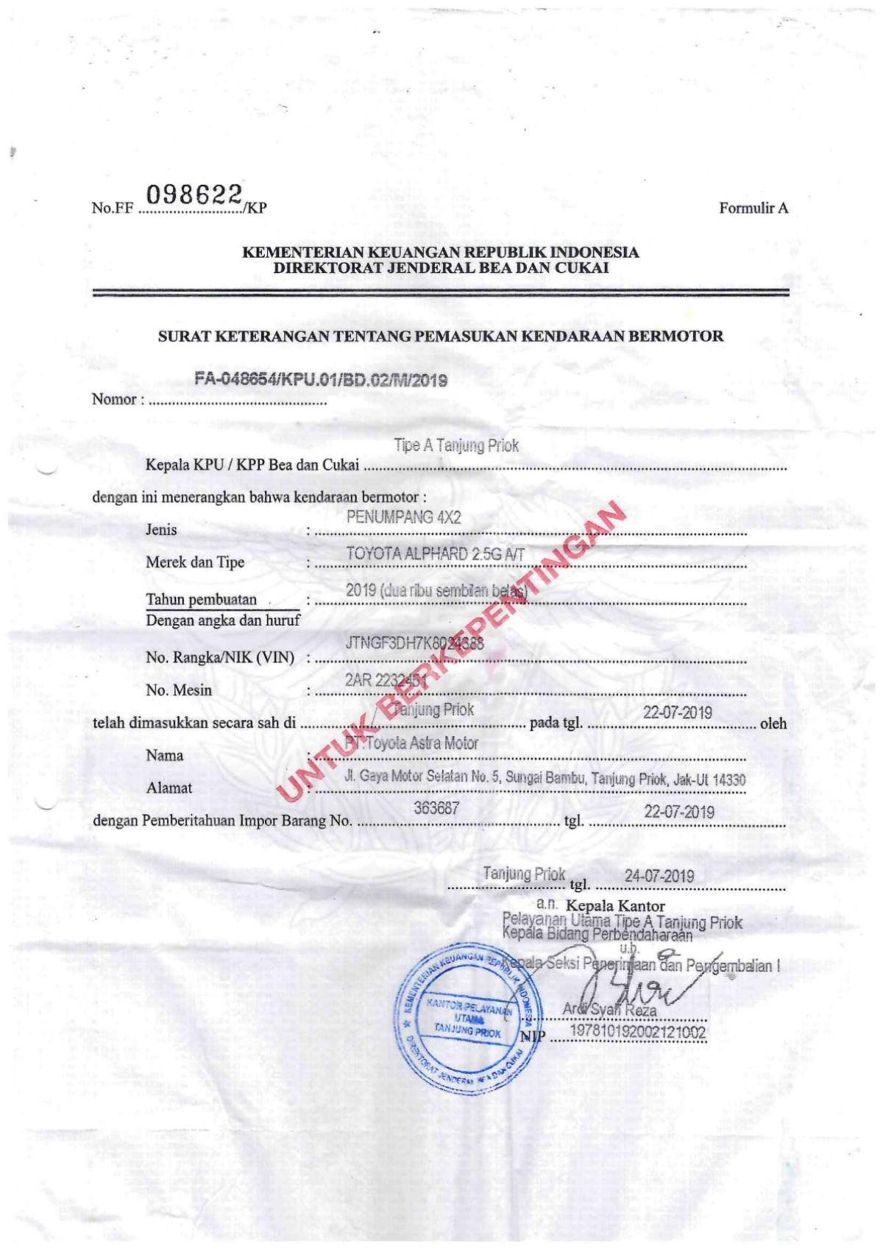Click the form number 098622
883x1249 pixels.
point(195,195)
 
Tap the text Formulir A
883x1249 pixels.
point(753,208)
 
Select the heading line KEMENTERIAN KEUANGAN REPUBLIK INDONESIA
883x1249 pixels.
point(441,252)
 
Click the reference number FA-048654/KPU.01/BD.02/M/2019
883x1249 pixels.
point(322,380)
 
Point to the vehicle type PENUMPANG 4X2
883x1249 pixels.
point(403,517)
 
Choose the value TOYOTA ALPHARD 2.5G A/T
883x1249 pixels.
point(435,554)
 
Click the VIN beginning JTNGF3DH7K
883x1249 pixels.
point(414,643)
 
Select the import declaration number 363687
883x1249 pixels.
point(436,808)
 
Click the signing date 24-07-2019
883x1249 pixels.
point(659,876)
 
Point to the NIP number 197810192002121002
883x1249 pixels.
point(638,1033)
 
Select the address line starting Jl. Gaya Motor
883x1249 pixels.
point(545,777)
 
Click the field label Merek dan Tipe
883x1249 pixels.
point(195,562)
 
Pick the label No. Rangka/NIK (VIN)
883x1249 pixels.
point(220,657)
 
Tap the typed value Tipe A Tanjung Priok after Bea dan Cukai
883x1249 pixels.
point(456,445)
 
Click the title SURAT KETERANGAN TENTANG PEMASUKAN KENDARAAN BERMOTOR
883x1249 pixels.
point(441,337)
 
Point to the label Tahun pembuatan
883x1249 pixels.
point(202,599)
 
